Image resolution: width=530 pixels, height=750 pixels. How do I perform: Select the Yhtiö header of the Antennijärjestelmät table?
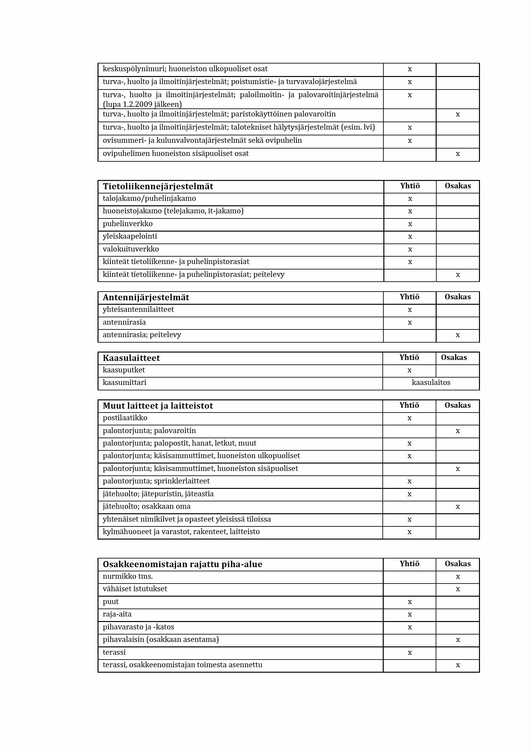409,297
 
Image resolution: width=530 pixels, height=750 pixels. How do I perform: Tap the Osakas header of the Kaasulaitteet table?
454,357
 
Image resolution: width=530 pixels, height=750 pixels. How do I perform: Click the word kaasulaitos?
431,382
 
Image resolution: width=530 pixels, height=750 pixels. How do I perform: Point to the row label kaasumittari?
124,382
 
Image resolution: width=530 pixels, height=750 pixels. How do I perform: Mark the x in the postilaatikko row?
409,418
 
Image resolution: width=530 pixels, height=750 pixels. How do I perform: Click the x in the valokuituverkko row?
410,250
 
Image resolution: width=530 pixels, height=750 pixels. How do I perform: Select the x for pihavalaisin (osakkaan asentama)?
458,640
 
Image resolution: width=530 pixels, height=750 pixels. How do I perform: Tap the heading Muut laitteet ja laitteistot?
158,406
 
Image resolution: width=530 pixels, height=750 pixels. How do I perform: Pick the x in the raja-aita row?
410,614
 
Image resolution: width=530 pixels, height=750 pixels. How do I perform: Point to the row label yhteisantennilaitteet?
138,309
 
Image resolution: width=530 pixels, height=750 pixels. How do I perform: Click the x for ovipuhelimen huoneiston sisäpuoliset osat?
458,154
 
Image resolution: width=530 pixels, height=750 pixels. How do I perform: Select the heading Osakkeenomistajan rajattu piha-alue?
182,564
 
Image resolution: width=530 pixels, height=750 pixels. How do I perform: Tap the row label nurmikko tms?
128,576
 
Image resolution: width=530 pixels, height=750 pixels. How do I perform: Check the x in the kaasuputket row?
409,371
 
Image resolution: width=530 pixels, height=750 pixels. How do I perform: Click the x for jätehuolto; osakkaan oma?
458,507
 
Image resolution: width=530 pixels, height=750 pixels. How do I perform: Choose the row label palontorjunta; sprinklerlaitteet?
156,481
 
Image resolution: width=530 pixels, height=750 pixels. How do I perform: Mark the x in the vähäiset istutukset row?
458,589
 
